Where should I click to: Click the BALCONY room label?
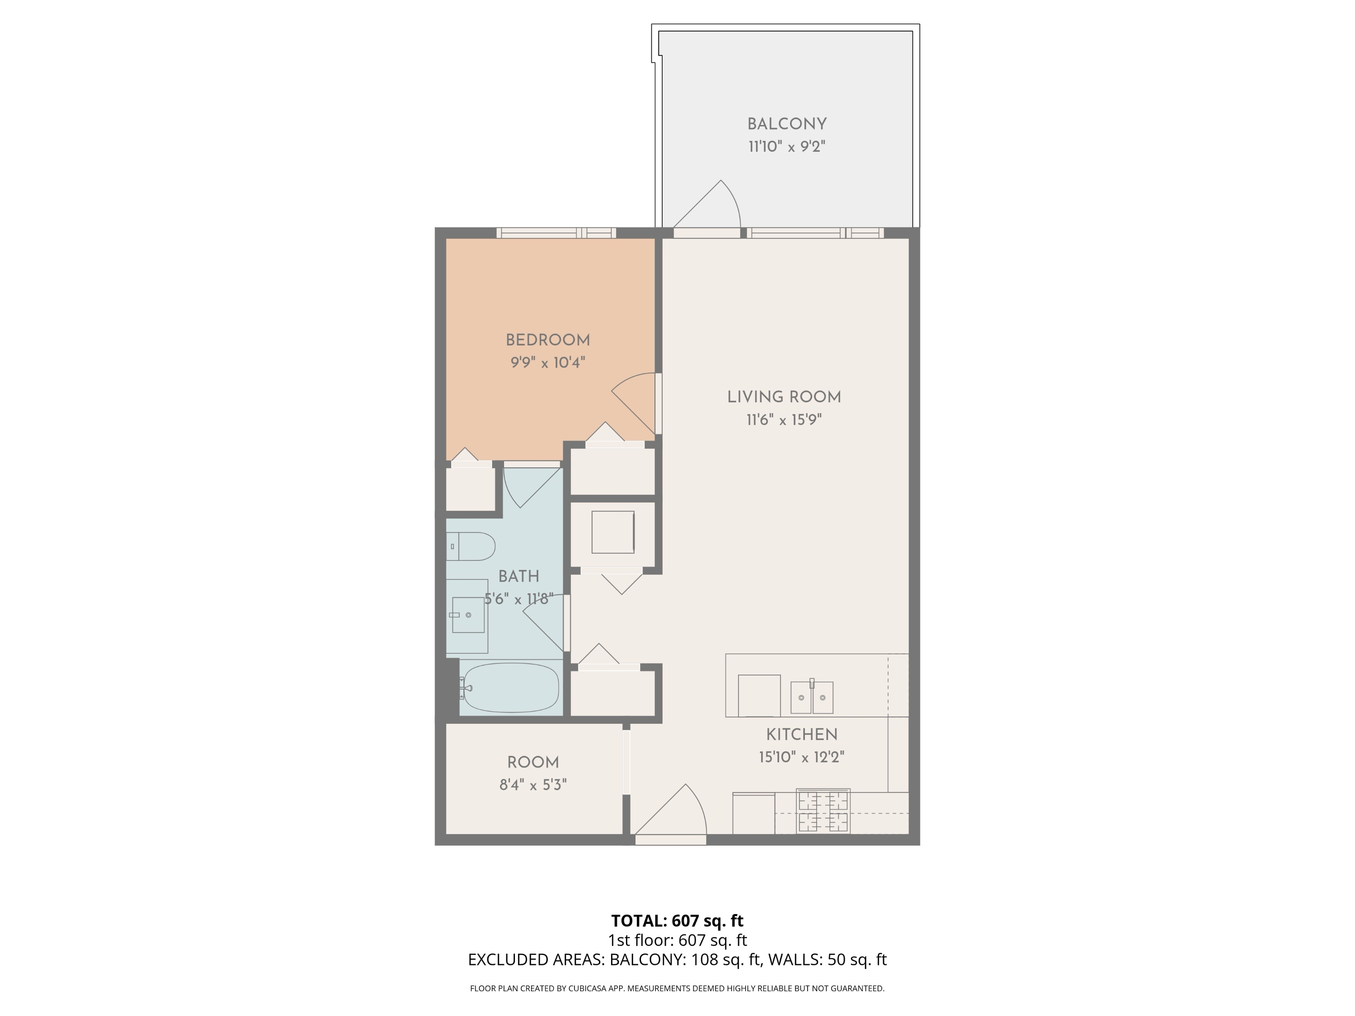(786, 124)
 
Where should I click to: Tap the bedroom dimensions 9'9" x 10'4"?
(547, 363)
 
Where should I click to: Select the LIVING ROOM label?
(784, 397)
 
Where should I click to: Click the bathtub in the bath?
(511, 688)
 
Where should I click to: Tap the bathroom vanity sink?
(468, 615)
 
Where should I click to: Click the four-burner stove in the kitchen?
(822, 811)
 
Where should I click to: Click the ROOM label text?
(533, 763)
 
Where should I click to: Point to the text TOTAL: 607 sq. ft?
(677, 920)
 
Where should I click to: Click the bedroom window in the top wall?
(556, 233)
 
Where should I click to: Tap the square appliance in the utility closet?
(612, 532)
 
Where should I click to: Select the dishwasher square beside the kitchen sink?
(759, 695)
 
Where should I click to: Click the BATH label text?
(518, 576)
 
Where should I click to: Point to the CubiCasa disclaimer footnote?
(677, 988)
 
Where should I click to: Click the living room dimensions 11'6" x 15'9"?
(784, 420)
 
